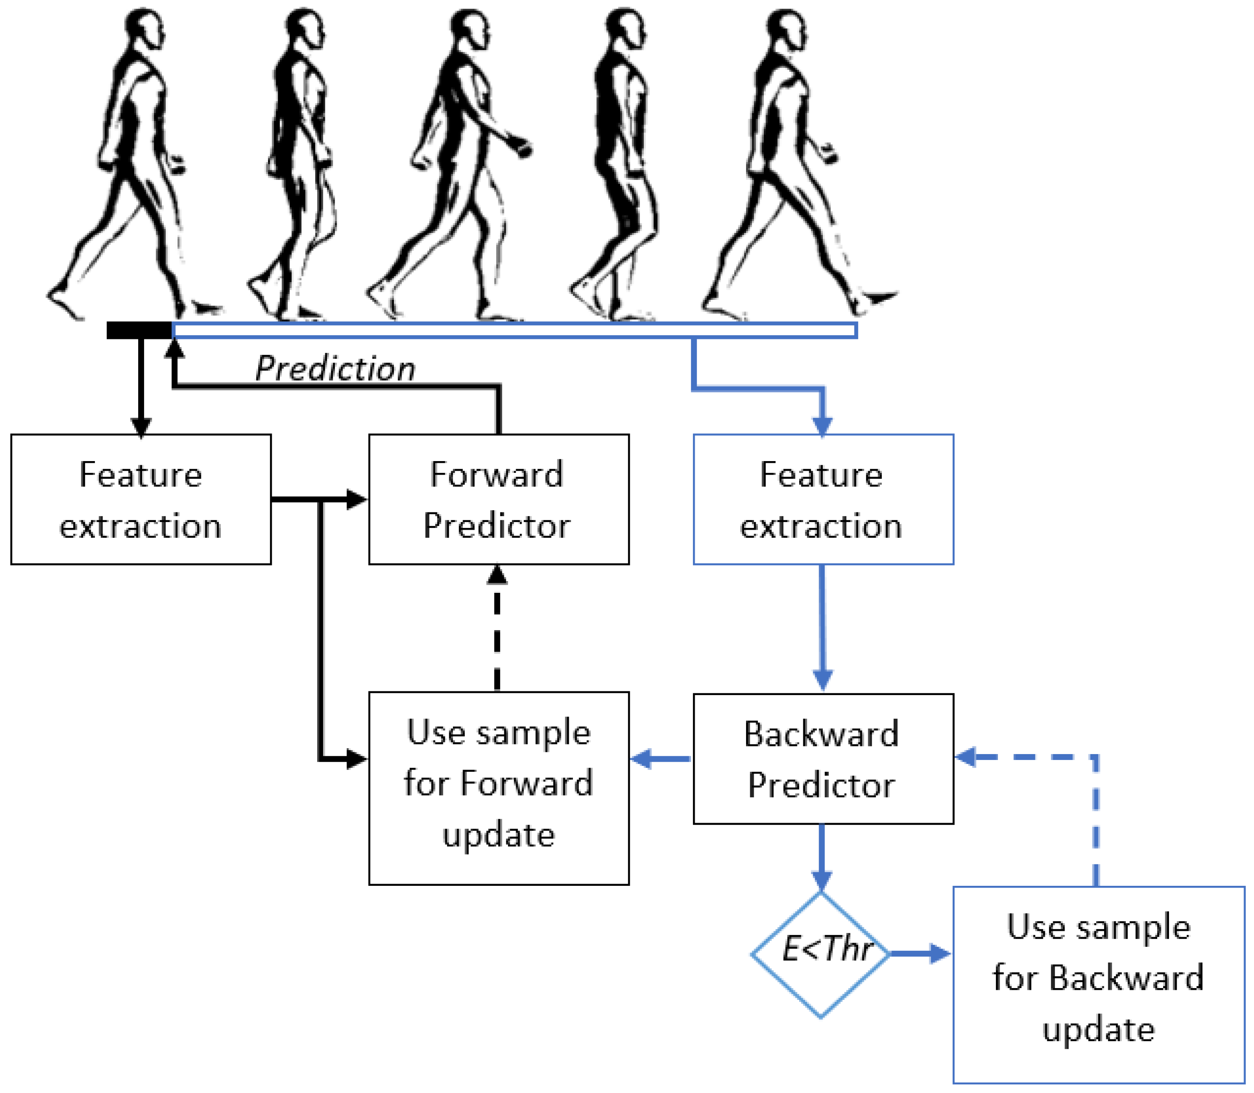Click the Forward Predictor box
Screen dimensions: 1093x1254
[x=498, y=499]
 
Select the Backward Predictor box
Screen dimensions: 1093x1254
[x=823, y=758]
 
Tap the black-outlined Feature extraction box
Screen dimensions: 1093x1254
[x=141, y=499]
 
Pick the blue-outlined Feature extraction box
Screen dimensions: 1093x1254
[x=823, y=499]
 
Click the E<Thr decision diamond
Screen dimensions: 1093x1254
[x=821, y=954]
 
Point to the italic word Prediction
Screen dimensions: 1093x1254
[x=335, y=368]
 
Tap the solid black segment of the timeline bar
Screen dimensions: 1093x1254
[x=139, y=330]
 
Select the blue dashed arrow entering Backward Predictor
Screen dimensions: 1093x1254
[x=1049, y=757]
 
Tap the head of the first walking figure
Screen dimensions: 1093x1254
[x=144, y=27]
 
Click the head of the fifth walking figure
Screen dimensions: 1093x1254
[x=787, y=29]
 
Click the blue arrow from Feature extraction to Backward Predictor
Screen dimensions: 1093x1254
[x=822, y=628]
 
